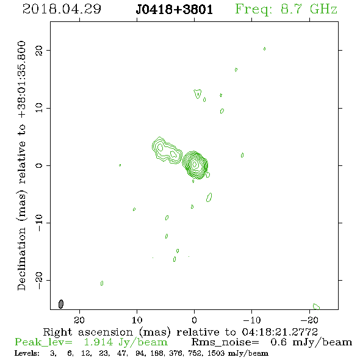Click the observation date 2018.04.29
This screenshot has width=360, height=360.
(x=62, y=9)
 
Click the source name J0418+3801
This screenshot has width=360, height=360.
(x=175, y=10)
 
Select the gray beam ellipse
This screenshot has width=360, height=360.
(x=61, y=304)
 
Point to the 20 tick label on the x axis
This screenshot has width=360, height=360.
(x=79, y=320)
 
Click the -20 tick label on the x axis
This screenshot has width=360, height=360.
(x=309, y=320)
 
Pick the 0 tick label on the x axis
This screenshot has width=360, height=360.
(x=194, y=320)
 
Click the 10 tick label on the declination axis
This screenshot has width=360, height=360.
(x=39, y=108)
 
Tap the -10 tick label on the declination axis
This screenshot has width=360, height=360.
(x=39, y=223)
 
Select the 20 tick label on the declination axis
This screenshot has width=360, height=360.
(x=39, y=50)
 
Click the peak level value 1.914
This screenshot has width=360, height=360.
(x=98, y=342)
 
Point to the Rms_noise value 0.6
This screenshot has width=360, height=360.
(x=279, y=342)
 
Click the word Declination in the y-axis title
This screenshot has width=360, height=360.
(x=21, y=259)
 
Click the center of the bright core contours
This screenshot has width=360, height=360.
(x=195, y=164)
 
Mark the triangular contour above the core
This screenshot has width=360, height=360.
(x=198, y=94)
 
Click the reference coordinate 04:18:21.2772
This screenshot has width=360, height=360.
(x=280, y=332)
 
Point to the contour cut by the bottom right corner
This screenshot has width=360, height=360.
(x=317, y=306)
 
